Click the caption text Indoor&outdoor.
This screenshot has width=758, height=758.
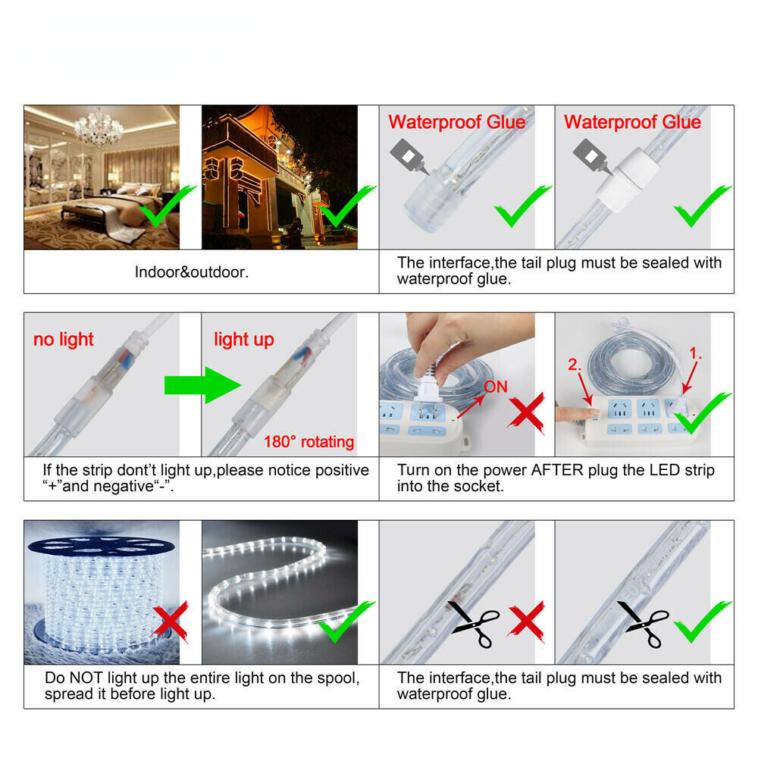coord(192,271)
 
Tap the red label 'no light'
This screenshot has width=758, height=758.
coord(64,340)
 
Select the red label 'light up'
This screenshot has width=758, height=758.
coord(243,340)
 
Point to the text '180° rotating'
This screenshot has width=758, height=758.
coord(309,442)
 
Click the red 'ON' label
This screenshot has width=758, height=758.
coord(495,387)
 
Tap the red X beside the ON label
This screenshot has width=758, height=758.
coord(525,413)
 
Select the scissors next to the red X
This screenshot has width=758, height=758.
coord(476,624)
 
